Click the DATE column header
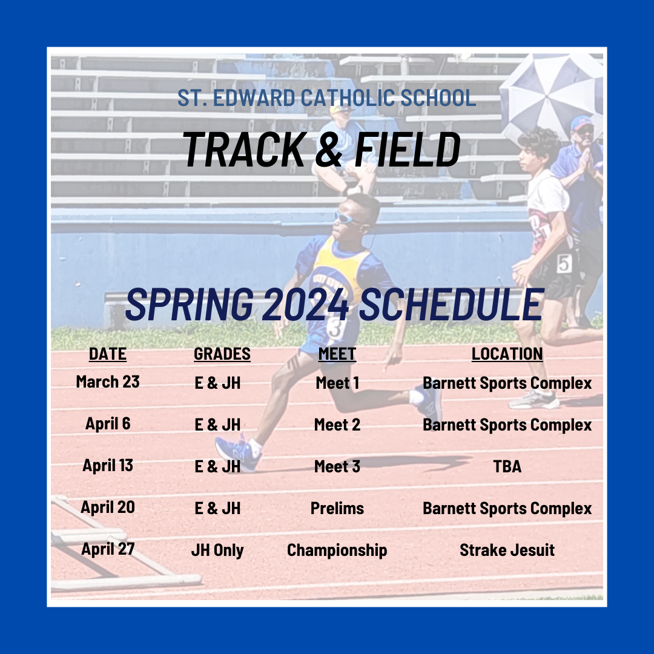click(108, 354)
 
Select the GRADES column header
click(222, 354)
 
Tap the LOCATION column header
click(507, 354)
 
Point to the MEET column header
click(337, 354)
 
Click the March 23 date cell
click(108, 381)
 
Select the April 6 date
click(108, 424)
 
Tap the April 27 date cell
click(108, 549)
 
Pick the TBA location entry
click(507, 466)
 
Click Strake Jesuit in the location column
click(507, 550)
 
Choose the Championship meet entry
click(337, 550)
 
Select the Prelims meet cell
click(337, 509)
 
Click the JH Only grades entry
click(217, 550)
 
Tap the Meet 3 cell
click(337, 466)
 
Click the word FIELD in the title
click(408, 150)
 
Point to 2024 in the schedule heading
click(306, 303)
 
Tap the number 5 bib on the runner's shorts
click(564, 263)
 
